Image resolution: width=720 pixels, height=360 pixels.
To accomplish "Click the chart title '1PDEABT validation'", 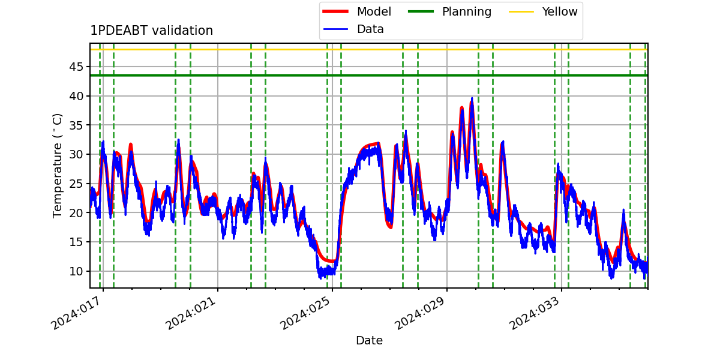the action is (x=151, y=31).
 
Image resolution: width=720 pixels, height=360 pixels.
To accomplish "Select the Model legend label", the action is (x=374, y=11).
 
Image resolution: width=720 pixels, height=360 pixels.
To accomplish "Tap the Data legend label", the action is (x=370, y=29).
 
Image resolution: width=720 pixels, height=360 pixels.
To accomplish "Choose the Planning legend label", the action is (x=467, y=12).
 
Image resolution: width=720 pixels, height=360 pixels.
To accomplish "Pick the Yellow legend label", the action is (x=560, y=11).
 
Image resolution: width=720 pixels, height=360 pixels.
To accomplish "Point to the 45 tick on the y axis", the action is (x=76, y=67).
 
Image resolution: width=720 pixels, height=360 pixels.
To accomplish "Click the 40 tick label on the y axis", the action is (x=76, y=96).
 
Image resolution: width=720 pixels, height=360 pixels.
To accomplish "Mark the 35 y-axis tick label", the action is (x=76, y=125).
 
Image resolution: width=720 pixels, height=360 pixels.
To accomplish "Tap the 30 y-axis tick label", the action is (x=76, y=154).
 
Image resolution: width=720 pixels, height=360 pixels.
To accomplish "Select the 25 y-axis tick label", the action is (x=76, y=184).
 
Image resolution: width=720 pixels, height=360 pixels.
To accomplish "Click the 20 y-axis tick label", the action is (x=76, y=213).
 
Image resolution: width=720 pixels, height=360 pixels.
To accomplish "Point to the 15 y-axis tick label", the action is (x=76, y=242).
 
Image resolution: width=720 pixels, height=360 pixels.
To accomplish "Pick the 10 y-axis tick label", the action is (x=76, y=271).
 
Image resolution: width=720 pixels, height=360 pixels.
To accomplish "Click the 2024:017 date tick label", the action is (x=78, y=313).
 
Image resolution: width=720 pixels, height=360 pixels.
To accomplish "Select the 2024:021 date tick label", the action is (x=191, y=313).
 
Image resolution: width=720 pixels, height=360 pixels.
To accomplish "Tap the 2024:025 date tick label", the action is (x=305, y=313).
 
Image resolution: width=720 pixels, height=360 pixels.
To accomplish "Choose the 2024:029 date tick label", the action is (x=420, y=313).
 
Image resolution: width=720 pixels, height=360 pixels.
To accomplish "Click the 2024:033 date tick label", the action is (x=535, y=313).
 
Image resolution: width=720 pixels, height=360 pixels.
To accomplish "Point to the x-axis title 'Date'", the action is (x=369, y=340).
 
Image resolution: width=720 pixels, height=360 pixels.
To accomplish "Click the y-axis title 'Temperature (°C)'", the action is (x=57, y=166).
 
